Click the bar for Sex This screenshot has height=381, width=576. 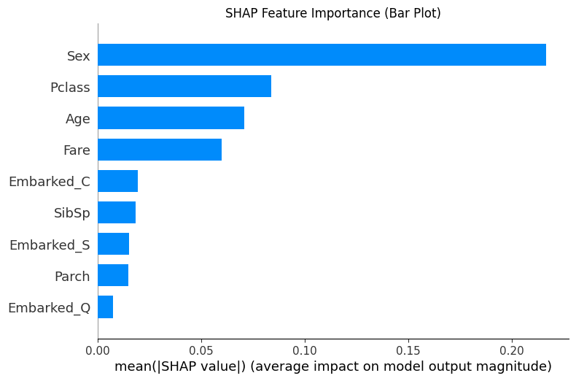(322, 55)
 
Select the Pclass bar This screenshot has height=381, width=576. (184, 87)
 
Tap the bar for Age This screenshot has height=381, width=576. (171, 118)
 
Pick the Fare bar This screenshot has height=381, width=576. (160, 150)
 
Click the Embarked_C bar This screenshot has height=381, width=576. (117, 181)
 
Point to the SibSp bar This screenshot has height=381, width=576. (117, 212)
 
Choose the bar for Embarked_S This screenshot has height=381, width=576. (113, 244)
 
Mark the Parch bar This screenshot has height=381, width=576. (113, 275)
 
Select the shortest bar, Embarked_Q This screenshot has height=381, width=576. (105, 307)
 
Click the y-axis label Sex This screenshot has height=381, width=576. (78, 56)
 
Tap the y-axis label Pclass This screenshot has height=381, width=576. (70, 88)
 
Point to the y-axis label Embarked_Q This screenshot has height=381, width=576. (49, 307)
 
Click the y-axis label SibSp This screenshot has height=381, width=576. (72, 213)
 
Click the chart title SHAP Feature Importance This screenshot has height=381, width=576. (332, 13)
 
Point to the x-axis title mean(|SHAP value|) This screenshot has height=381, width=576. (332, 366)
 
